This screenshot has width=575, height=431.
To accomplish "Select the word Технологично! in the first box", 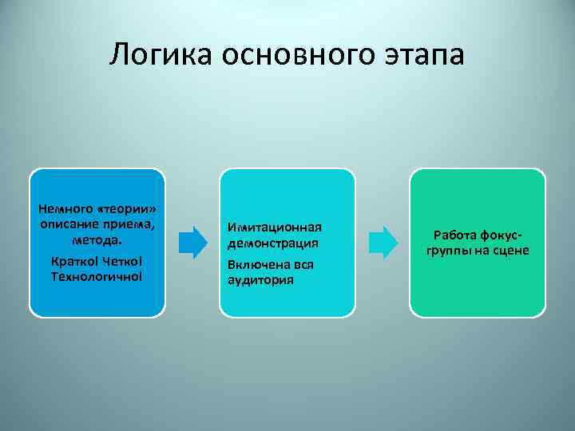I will (97, 275).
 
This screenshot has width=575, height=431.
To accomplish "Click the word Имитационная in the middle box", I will (274, 228).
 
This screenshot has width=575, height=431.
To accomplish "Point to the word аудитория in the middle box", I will (260, 279).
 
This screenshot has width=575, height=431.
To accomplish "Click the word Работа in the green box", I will (454, 235).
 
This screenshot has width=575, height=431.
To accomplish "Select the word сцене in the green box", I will (511, 251).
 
